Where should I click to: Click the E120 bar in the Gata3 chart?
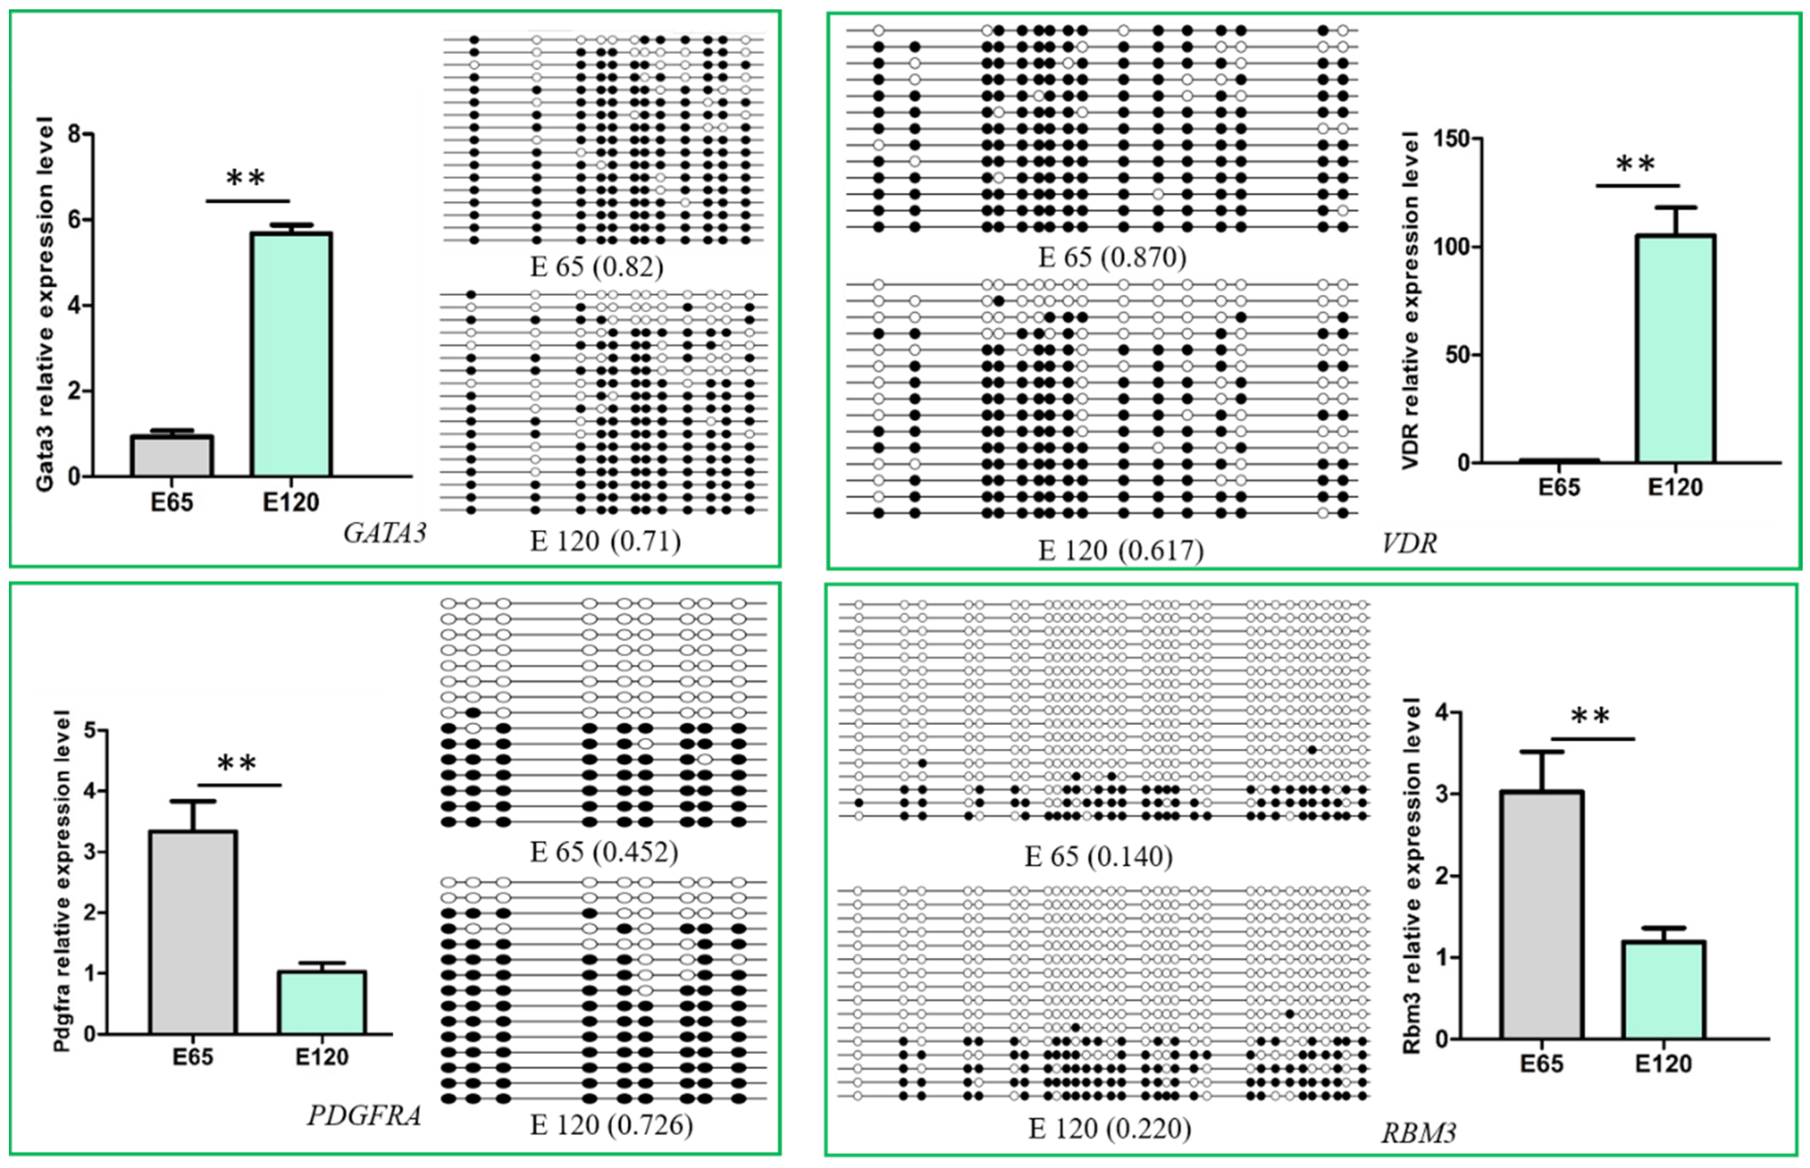click(x=291, y=354)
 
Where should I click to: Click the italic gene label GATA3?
click(x=385, y=534)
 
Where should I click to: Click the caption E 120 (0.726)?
click(x=611, y=1124)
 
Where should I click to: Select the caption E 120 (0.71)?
click(x=605, y=541)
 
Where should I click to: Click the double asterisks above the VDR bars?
click(x=1636, y=164)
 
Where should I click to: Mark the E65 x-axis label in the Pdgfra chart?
click(x=193, y=1057)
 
